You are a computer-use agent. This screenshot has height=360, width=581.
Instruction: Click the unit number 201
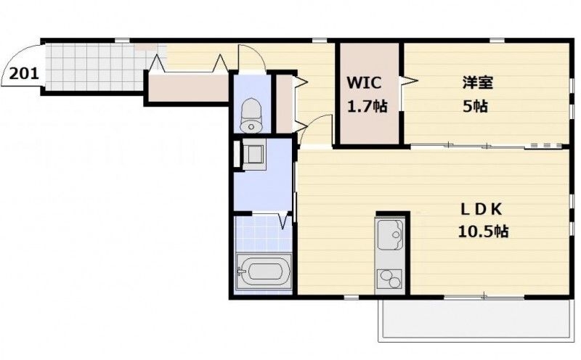(24, 74)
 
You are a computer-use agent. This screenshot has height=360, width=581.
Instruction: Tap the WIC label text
(364, 83)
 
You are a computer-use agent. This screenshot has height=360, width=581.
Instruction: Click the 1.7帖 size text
(367, 107)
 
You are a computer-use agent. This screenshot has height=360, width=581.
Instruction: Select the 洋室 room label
(478, 82)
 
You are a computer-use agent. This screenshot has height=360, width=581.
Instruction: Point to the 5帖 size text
(475, 107)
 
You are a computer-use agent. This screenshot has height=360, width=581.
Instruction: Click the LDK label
(482, 210)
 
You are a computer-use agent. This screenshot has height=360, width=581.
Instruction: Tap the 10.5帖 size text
(483, 232)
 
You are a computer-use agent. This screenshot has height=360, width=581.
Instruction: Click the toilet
(251, 115)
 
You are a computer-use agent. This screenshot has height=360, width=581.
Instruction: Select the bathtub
(264, 272)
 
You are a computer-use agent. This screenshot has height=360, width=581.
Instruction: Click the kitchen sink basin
(391, 235)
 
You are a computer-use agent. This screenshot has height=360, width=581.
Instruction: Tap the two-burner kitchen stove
(389, 278)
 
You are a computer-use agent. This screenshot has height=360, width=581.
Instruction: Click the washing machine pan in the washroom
(253, 155)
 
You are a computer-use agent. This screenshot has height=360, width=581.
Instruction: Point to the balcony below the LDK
(474, 319)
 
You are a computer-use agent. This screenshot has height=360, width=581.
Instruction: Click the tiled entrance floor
(94, 67)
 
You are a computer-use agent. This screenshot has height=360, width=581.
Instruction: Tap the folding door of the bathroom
(285, 221)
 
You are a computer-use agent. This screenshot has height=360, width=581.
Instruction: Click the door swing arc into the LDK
(315, 130)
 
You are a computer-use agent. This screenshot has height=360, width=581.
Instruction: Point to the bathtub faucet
(241, 273)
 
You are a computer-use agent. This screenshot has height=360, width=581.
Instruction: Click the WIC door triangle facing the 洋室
(409, 80)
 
